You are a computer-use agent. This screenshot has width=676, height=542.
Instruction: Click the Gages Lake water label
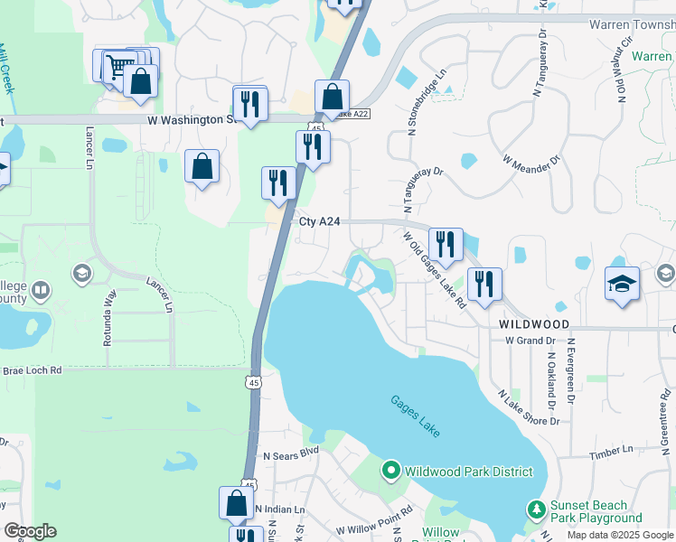pos(416,416)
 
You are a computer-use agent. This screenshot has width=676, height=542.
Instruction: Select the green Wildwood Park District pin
pos(391,471)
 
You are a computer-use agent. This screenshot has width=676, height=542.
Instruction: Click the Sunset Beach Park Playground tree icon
pos(537,510)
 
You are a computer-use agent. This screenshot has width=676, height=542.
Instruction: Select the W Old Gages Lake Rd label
pos(434,269)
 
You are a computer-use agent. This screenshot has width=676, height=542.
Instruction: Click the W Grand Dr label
pos(530,341)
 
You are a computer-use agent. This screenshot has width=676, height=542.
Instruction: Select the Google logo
pos(30,531)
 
